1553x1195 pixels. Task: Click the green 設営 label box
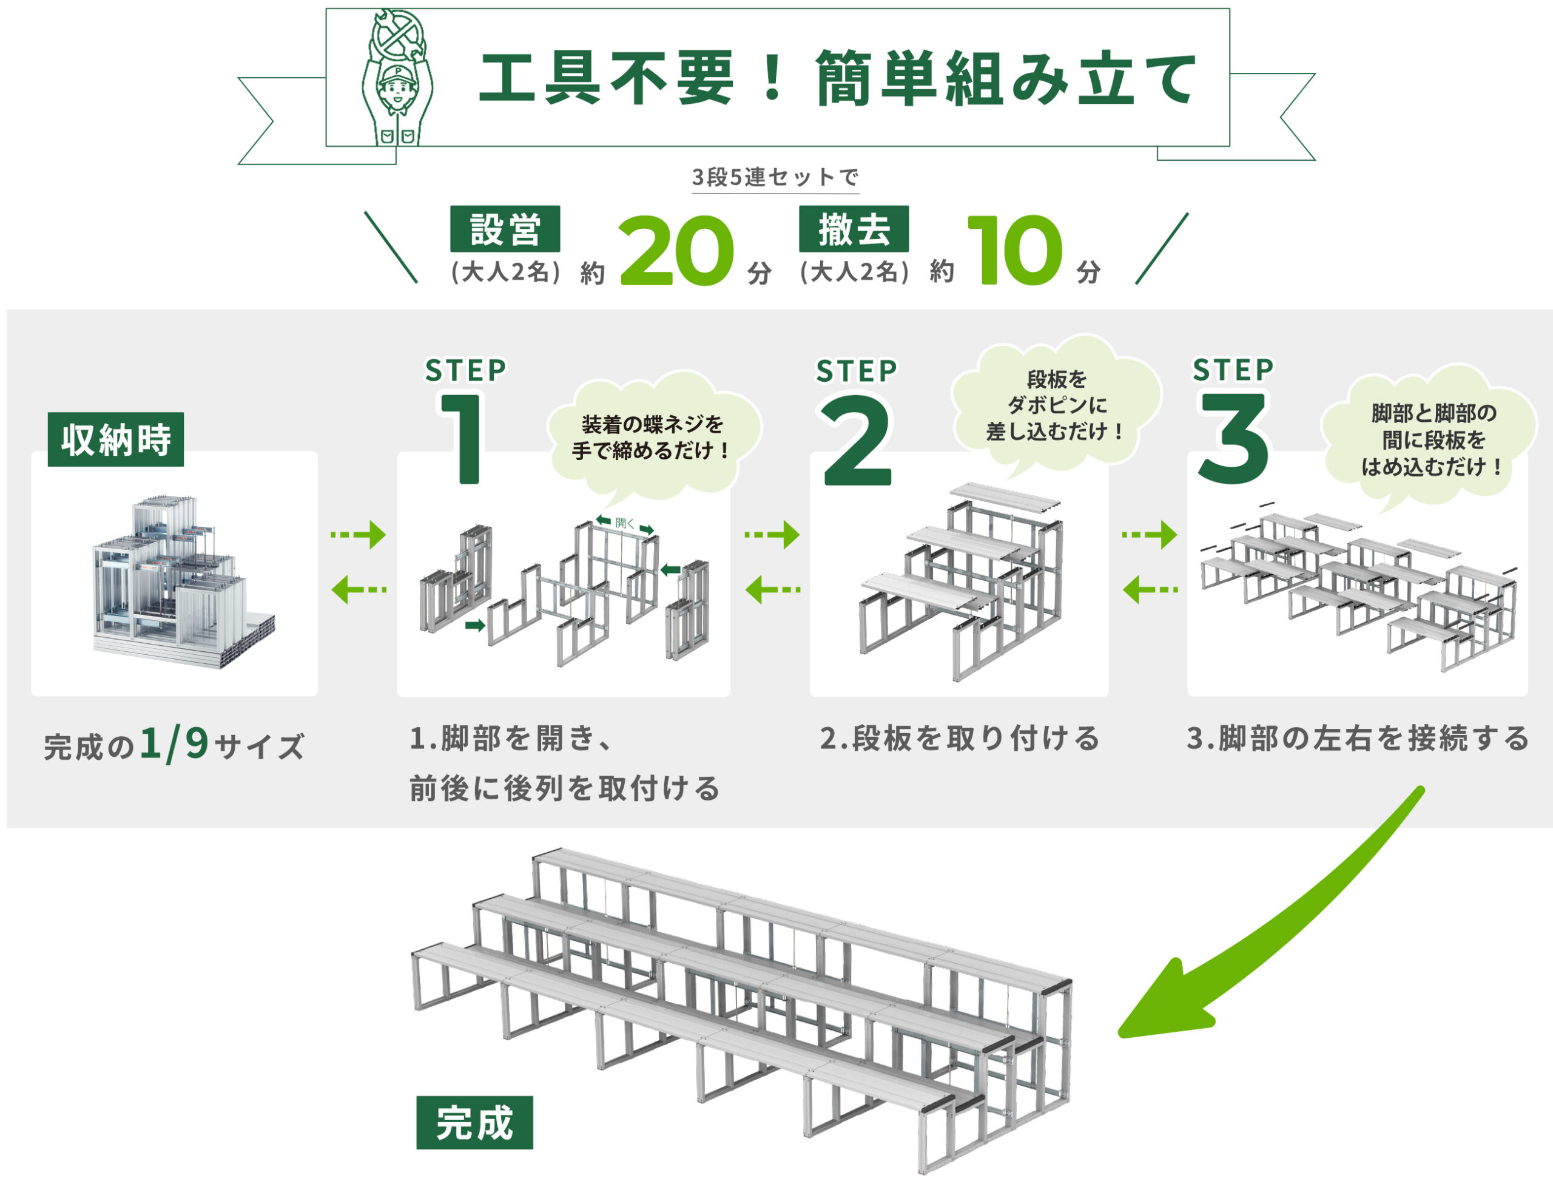505,229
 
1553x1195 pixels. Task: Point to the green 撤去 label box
854,229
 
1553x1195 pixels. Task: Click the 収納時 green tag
116,439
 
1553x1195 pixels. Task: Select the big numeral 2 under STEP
856,441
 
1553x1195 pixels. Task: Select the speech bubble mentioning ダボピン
1056,405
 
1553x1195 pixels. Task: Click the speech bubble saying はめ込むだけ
1429,439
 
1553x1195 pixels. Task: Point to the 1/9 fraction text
174,743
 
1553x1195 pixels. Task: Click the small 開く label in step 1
625,523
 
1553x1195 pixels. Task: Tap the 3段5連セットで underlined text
775,177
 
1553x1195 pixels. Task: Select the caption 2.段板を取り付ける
959,739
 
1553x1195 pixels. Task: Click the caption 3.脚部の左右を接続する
1358,739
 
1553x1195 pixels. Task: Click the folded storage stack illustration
181,580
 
